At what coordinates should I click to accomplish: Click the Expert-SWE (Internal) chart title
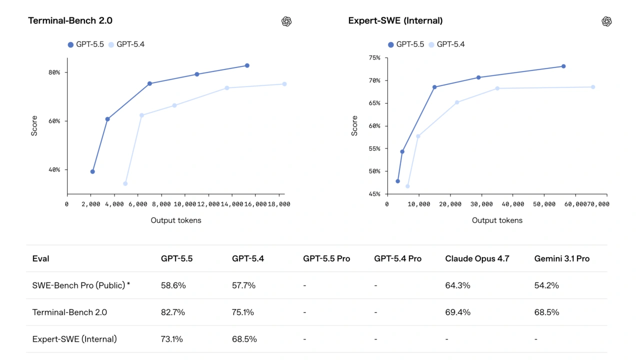click(x=395, y=20)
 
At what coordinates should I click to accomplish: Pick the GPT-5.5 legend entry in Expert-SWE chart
click(x=405, y=44)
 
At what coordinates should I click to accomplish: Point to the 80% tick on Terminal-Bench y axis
click(x=54, y=72)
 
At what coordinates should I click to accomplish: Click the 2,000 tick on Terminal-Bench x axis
click(x=90, y=204)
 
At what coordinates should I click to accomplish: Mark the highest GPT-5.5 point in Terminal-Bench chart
click(x=247, y=65)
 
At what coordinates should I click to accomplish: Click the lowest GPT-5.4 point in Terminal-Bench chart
click(x=125, y=183)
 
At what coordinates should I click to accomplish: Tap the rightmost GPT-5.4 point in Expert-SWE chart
click(x=593, y=87)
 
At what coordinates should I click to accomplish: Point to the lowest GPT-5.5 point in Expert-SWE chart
click(x=398, y=181)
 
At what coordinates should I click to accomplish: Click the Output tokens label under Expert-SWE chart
click(x=497, y=220)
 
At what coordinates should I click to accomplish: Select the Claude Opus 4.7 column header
click(x=477, y=258)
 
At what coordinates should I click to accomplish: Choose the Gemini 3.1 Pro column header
click(x=561, y=258)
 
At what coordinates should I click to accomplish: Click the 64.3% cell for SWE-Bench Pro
click(x=457, y=285)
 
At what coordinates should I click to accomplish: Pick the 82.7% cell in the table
click(x=173, y=312)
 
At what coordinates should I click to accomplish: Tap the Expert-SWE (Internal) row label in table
click(x=74, y=339)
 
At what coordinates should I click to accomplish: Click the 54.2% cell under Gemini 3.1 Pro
click(x=546, y=285)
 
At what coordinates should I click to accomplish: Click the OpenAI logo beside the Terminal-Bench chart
click(x=286, y=21)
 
